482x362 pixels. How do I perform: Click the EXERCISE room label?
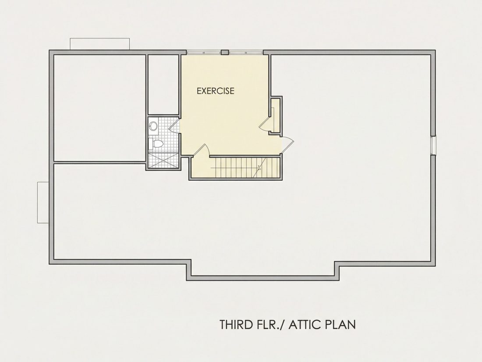[216, 91]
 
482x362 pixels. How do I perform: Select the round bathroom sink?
[153, 126]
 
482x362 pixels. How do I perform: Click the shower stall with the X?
[163, 160]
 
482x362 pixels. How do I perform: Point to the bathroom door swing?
[174, 126]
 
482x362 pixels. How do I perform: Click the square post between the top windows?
[225, 52]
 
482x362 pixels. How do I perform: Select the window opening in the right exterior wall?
[433, 145]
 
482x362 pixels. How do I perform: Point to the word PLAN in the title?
[341, 325]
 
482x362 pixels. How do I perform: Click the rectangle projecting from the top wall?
[99, 44]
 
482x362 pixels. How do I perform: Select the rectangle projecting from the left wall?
[43, 202]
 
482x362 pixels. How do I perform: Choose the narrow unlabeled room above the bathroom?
[163, 85]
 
